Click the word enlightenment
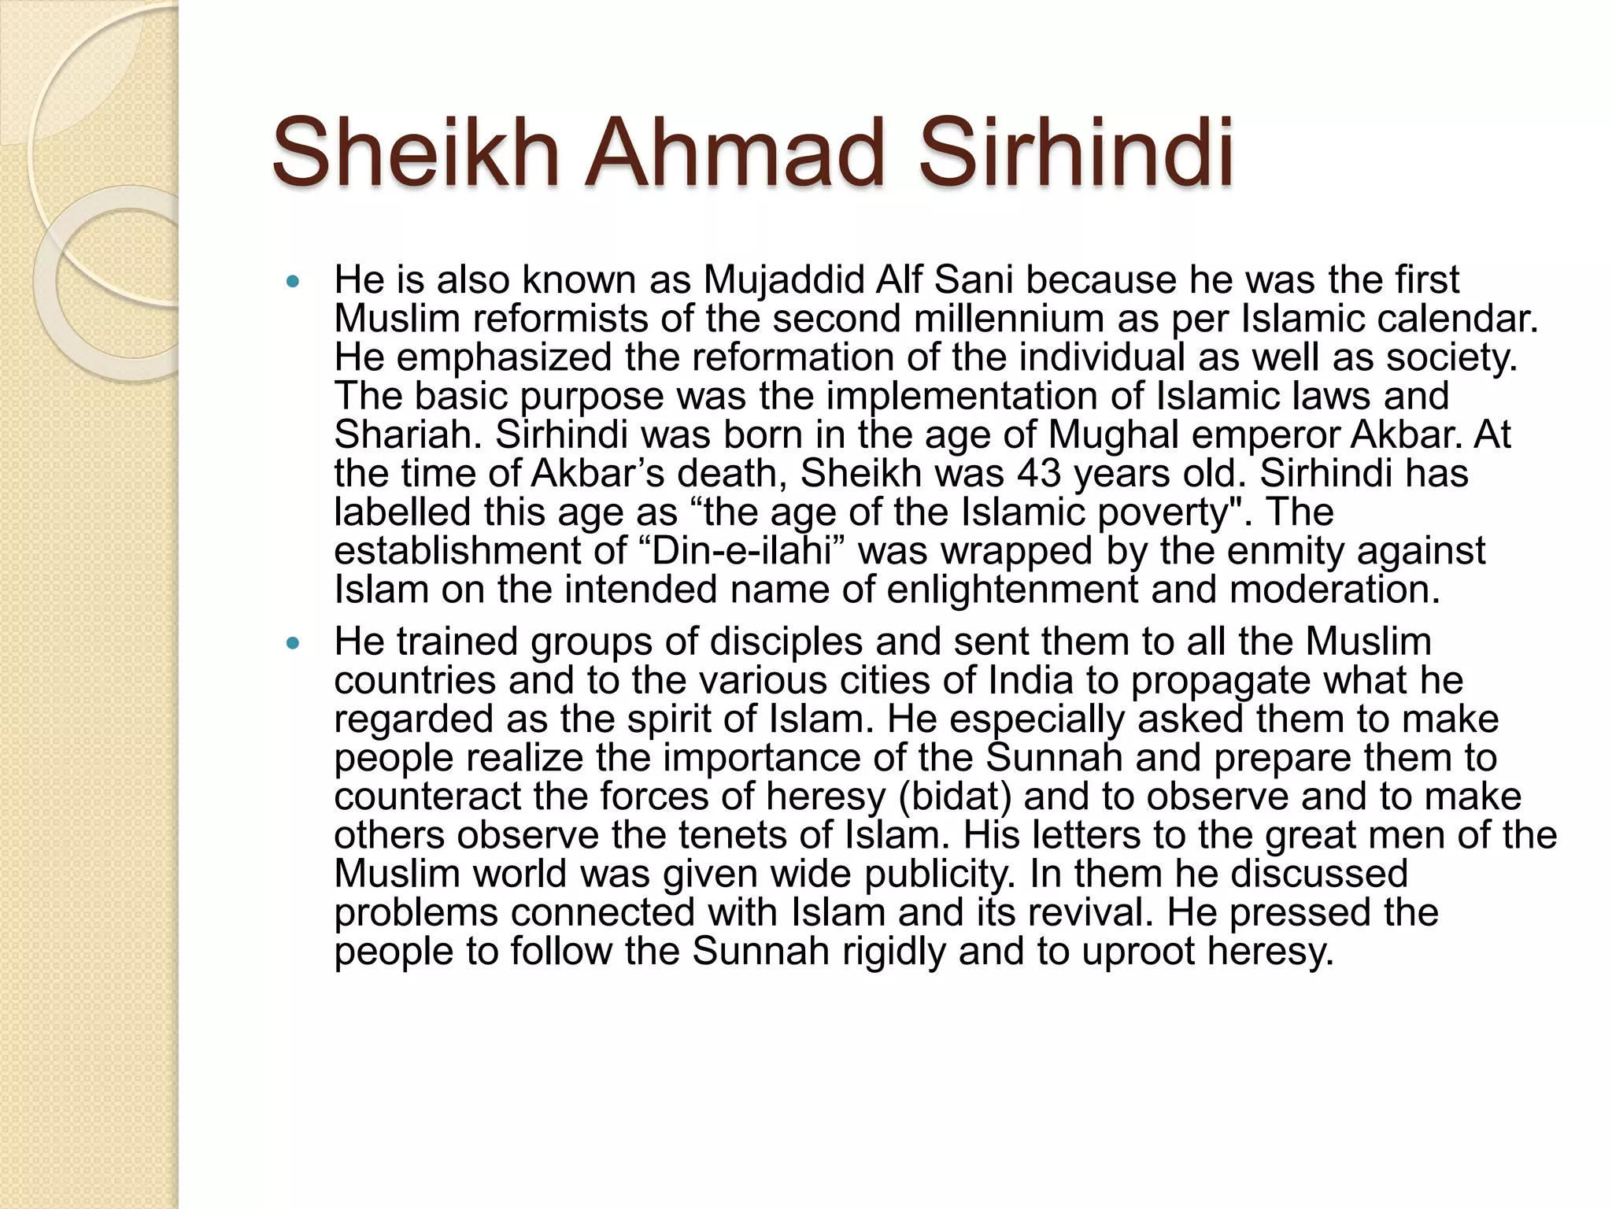1011,590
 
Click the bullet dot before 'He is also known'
294,281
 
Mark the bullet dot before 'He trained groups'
294,643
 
